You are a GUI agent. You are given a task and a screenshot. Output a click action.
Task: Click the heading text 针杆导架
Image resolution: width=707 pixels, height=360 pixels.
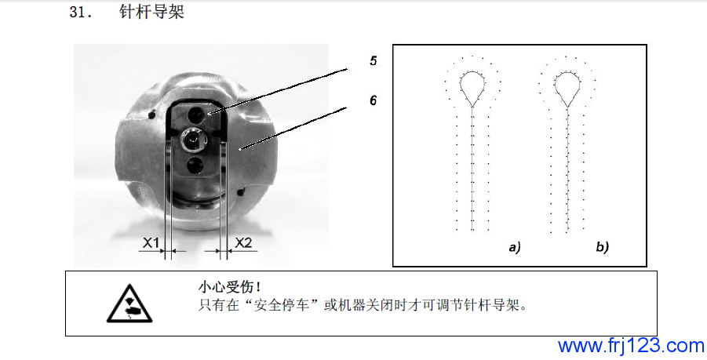tap(152, 12)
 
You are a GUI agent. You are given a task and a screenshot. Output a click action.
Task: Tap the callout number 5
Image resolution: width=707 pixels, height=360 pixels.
tap(374, 61)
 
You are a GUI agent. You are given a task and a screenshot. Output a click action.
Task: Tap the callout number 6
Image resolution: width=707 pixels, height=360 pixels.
tap(374, 100)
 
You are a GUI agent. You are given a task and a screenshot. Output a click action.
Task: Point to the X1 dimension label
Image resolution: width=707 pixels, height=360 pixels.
tap(151, 243)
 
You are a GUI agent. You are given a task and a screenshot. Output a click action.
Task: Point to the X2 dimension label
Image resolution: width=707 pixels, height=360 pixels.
tap(243, 243)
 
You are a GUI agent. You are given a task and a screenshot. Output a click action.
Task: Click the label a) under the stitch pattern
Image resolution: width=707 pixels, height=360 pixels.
tap(515, 247)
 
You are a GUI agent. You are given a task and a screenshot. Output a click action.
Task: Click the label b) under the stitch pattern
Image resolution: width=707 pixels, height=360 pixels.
tap(603, 247)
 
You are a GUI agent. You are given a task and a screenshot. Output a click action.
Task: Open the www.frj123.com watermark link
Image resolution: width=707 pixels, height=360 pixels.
tap(631, 346)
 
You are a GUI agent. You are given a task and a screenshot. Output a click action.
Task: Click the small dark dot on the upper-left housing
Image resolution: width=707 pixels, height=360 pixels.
tap(152, 115)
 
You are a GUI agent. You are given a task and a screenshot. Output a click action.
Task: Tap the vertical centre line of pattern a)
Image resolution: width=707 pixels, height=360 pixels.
tap(472, 169)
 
